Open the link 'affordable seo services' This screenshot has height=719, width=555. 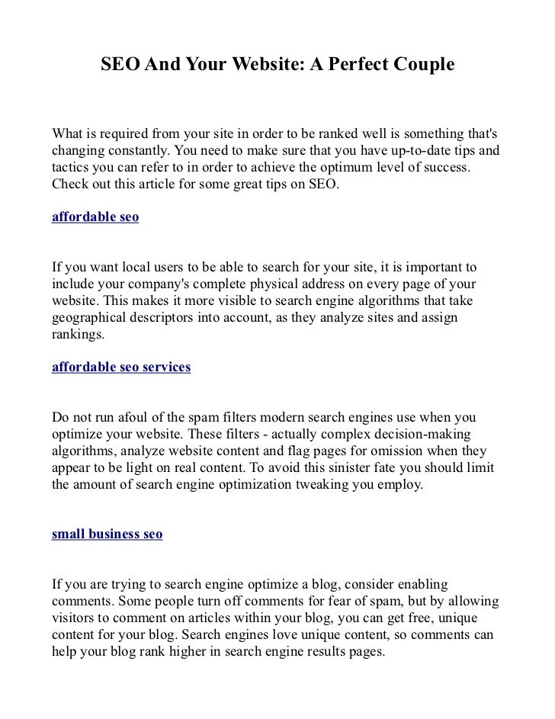(x=120, y=367)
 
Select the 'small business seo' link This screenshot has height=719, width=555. (x=107, y=534)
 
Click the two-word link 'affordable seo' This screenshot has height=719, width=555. (x=95, y=217)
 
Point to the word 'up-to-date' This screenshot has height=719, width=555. (x=415, y=150)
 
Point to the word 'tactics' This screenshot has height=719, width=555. (x=72, y=167)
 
